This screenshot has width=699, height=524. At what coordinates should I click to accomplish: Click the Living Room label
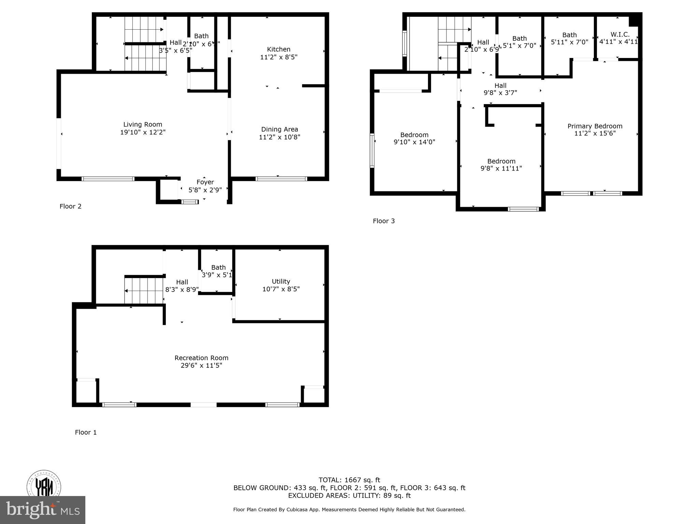[143, 125]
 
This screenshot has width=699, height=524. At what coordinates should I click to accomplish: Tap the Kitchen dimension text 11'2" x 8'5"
[279, 57]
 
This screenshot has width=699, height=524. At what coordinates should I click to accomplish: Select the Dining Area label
[280, 129]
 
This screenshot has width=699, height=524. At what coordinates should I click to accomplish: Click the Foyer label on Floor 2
[205, 182]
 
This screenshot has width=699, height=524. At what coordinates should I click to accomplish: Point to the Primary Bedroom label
[595, 126]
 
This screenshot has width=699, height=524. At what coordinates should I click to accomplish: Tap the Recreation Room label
[201, 358]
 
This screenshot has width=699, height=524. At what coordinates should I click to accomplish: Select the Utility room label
[281, 281]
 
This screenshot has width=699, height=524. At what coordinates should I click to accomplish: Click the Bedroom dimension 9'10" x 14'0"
[414, 142]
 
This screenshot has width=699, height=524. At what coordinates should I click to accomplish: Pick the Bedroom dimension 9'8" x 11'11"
[501, 168]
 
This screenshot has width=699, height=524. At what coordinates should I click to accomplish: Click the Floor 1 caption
[86, 432]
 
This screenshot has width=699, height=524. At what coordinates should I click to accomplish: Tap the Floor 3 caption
[384, 221]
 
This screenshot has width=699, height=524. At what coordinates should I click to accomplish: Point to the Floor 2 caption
[70, 206]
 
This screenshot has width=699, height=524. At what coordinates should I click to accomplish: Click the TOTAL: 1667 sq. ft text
[349, 480]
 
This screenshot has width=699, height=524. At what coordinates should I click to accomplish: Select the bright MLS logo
[43, 510]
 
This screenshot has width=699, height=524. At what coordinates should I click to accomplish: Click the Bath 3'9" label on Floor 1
[218, 267]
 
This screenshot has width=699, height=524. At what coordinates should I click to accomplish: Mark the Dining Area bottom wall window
[281, 179]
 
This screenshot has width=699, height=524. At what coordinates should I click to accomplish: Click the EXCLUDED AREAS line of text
[349, 495]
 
